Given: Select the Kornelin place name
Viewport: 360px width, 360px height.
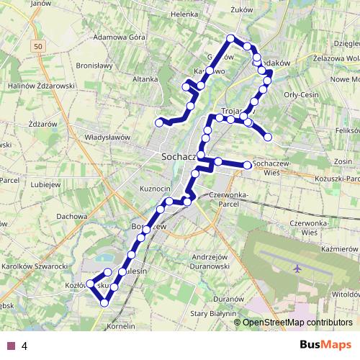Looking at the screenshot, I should click(120, 326).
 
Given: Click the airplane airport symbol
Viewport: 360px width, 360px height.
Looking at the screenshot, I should click(297, 268).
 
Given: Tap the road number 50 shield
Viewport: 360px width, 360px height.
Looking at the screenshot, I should click(38, 46).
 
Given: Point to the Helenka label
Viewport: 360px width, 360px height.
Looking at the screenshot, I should click(184, 14).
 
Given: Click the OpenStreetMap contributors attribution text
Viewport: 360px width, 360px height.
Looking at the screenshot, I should click(297, 322).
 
